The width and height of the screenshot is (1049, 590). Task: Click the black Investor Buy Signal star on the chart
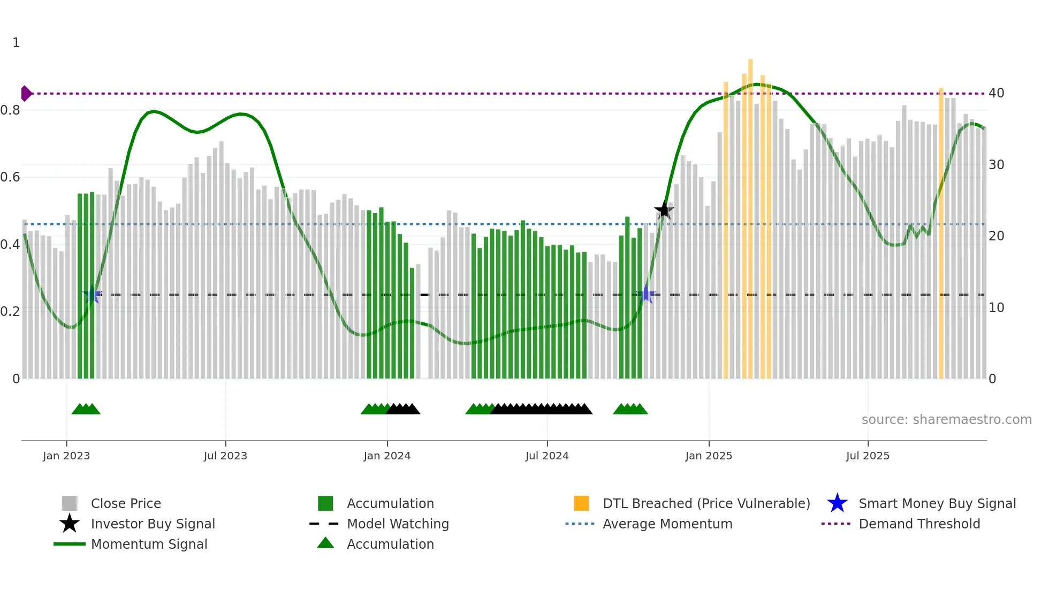coord(664,210)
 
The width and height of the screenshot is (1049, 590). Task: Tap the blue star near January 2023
coord(93,294)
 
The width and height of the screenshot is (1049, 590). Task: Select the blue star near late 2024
coord(647,294)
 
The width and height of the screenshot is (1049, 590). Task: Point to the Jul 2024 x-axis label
coord(547,456)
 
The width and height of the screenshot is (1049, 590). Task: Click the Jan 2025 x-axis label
coord(709,456)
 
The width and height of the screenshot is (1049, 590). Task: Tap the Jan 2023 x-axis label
coord(66,456)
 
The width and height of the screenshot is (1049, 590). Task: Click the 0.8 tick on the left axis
coord(11,110)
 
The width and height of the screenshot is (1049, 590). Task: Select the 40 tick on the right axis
coord(996,93)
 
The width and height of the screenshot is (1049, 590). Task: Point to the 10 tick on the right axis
coord(996,308)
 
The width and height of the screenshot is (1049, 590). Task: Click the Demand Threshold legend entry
coord(919,524)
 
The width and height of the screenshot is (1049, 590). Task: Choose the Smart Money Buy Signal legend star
coord(837,503)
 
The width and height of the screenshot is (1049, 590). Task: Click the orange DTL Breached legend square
coord(581,503)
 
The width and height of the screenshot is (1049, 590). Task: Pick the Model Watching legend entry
coord(397,524)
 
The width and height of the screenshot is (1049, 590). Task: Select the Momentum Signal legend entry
coord(149,544)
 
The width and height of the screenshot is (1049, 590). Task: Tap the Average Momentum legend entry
coord(667,524)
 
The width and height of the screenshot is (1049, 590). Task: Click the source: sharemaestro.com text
coord(946,420)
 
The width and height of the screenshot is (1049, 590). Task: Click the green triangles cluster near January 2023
coord(86,409)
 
